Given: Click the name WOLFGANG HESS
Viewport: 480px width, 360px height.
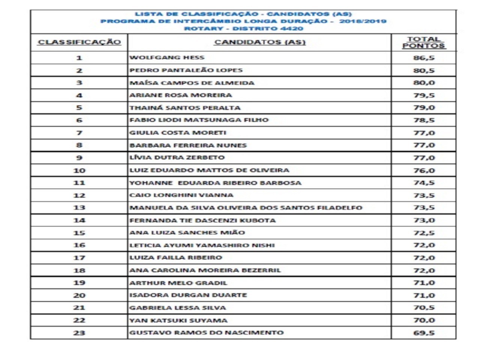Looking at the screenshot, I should pos(167,57).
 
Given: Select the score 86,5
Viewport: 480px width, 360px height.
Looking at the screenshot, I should pos(424,58).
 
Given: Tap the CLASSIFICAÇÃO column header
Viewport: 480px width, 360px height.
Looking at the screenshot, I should pos(79,42).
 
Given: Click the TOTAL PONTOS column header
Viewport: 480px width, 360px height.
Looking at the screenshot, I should pos(424,42).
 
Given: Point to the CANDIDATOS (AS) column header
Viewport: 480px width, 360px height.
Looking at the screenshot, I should pos(259,42).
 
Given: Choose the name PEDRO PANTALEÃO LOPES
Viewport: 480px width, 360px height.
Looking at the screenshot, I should pos(186,70).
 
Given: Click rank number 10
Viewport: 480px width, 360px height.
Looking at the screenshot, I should pos(79,170).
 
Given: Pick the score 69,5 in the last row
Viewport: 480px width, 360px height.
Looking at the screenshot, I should pos(424,333).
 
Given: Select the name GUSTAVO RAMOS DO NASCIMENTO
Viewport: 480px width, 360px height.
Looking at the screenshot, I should pos(206,333).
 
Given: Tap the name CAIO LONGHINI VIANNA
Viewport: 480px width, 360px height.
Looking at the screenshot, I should pos(181,195).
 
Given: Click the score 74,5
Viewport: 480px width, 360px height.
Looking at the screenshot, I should pos(424,183).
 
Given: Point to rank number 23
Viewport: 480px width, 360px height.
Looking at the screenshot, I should pos(79,333).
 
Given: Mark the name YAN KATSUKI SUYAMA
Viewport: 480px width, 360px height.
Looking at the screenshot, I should pos(178,320).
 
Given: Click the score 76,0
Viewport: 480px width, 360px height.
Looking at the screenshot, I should pos(424,170).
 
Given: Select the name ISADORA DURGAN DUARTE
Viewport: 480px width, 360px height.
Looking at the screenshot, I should pos(188,295).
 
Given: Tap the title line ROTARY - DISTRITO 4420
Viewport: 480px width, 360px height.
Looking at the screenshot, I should pos(243,28).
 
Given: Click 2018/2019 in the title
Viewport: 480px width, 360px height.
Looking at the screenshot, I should pos(363,21).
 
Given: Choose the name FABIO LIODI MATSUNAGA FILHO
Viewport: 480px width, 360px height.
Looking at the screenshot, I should pos(199,120).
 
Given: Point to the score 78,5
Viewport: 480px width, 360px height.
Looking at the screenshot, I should pos(424,120).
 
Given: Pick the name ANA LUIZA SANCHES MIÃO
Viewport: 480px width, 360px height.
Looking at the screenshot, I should pos(187,232).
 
